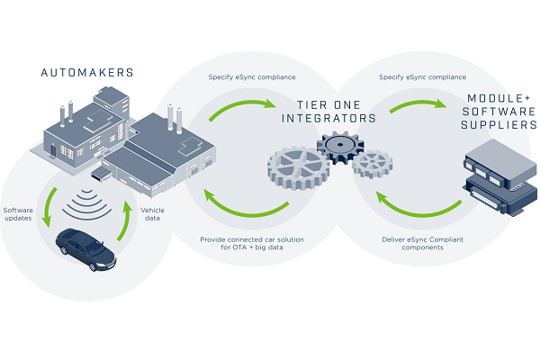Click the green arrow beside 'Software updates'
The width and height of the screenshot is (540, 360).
pyautogui.click(x=49, y=210)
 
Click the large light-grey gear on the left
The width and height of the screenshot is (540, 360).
pyautogui.click(x=298, y=175)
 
